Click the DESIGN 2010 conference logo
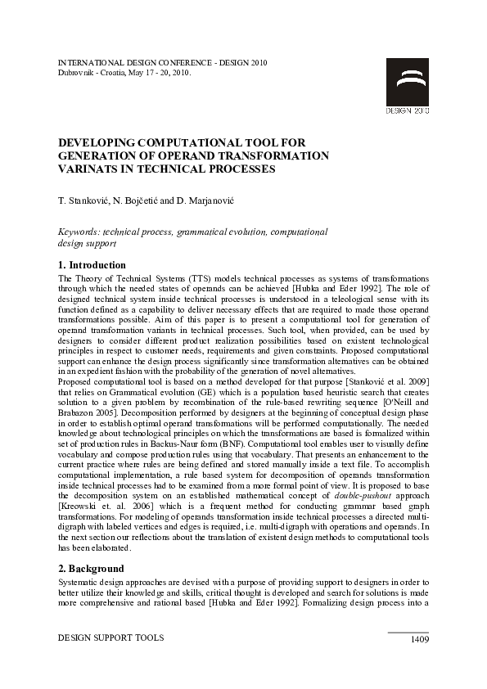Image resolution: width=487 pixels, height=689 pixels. (407, 86)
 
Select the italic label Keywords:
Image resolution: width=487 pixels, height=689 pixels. (79, 232)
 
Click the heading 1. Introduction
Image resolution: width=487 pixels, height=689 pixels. (92, 265)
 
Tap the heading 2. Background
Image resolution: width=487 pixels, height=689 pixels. (92, 569)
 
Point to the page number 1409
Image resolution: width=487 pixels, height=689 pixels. (419, 639)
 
